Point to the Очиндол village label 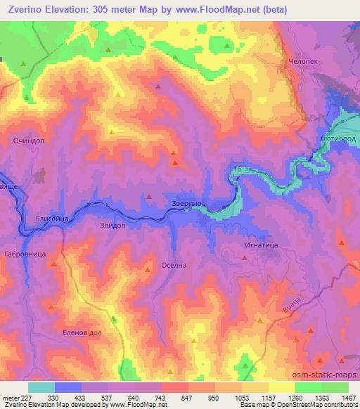pos(28,141)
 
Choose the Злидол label pos(112,226)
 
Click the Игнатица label pos(261,245)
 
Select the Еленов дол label pos(83,333)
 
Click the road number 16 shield pos(238,169)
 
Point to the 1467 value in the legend pos(348,397)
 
